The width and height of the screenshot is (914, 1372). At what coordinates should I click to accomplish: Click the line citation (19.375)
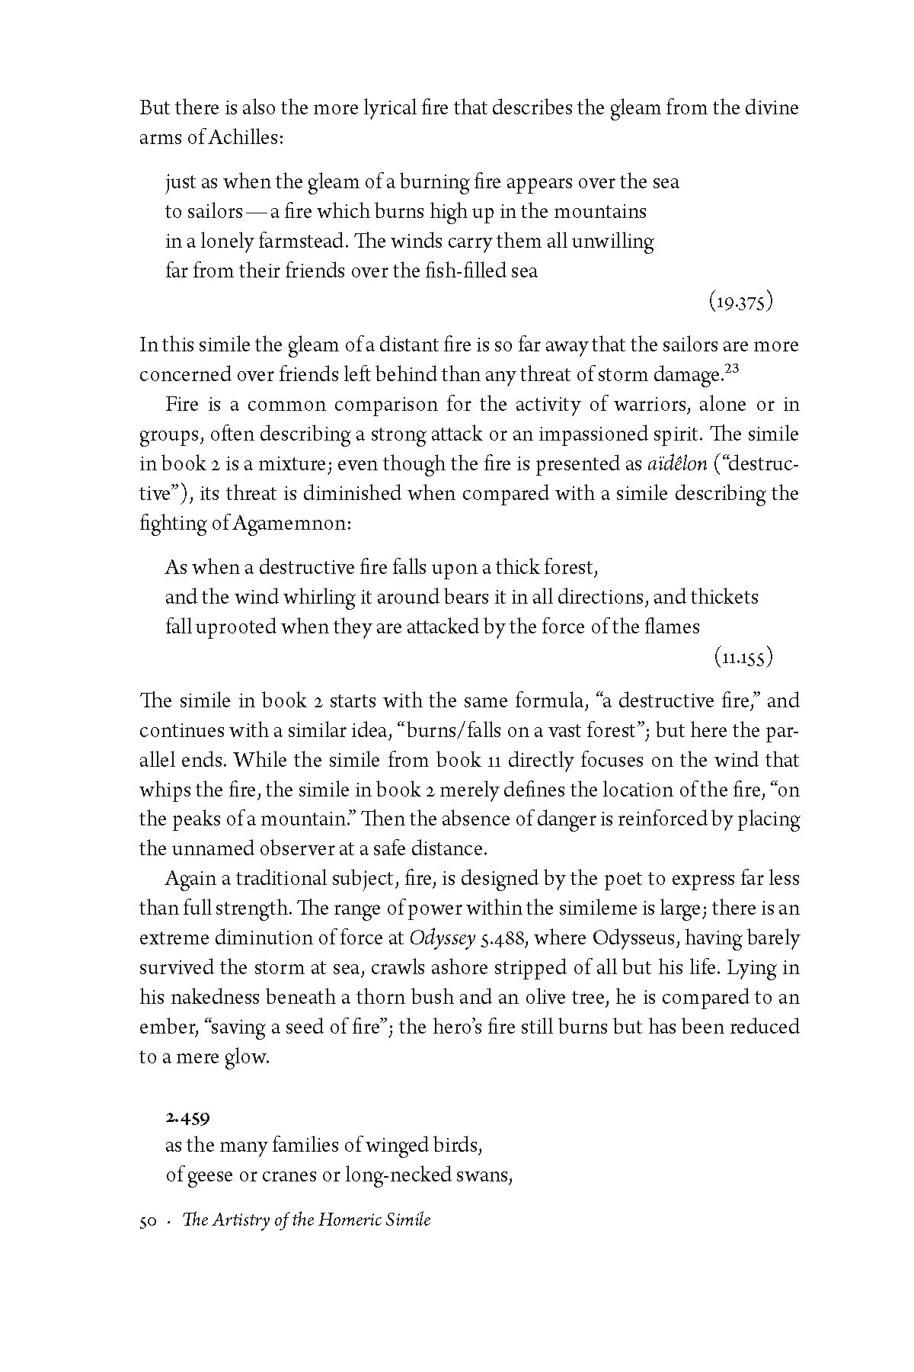click(x=740, y=303)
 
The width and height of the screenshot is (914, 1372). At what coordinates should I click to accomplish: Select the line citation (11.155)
click(x=743, y=656)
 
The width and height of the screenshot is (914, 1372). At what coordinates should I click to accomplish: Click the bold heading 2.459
click(x=187, y=1118)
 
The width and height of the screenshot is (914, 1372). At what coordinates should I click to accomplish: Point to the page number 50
click(x=148, y=1220)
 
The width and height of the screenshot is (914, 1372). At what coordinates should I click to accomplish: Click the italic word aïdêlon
click(x=672, y=463)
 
